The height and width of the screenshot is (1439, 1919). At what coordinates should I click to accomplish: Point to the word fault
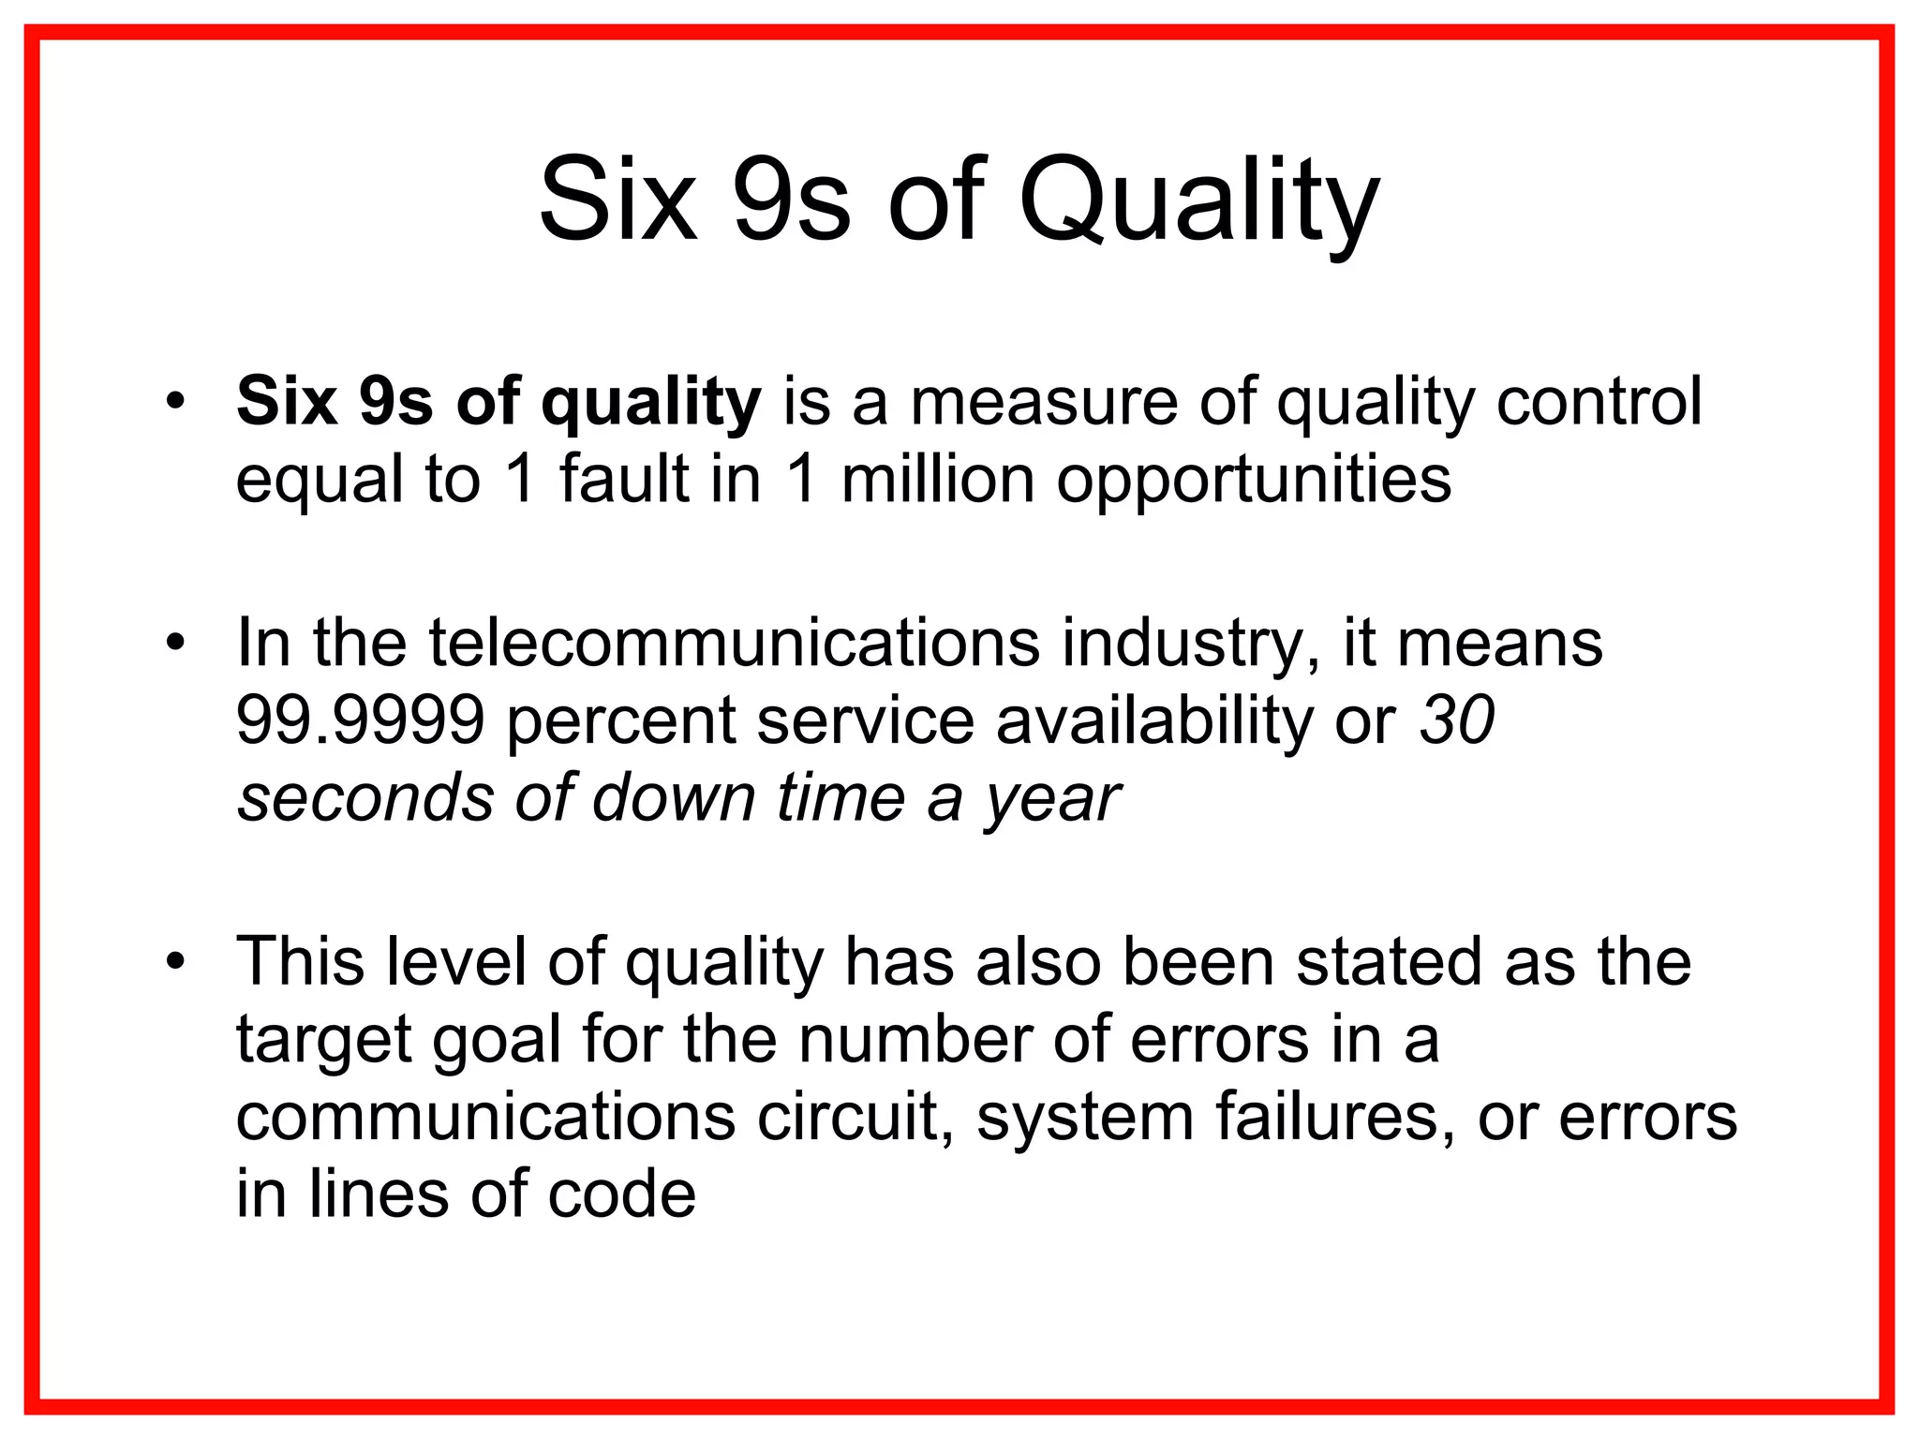(x=624, y=480)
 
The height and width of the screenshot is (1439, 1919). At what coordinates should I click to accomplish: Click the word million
(x=937, y=480)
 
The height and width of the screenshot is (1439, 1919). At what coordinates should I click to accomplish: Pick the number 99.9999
(x=361, y=721)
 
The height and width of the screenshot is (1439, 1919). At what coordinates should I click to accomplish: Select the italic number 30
(x=1457, y=721)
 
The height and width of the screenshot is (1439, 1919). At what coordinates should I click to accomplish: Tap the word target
(x=323, y=1041)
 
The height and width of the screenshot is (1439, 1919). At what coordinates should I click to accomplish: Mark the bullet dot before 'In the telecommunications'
(x=174, y=644)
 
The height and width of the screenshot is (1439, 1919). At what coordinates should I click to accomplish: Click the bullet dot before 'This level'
(x=174, y=962)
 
